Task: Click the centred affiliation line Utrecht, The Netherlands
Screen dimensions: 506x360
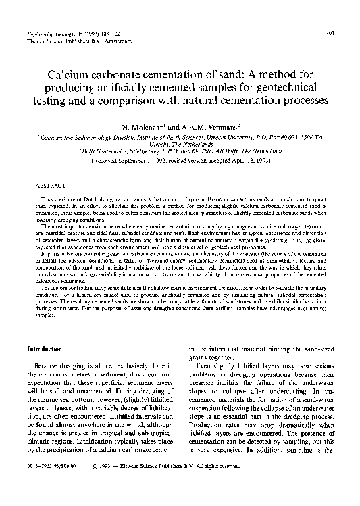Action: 180,145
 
